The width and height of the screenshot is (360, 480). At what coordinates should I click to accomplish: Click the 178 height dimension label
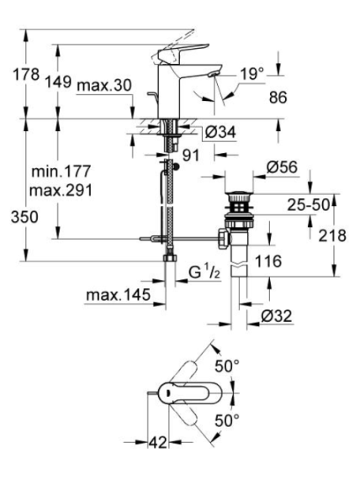[26, 74]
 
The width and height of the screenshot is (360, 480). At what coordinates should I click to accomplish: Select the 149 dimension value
[58, 82]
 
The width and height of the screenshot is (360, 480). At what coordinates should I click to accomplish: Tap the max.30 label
[104, 85]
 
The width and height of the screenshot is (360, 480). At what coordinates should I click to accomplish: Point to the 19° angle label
[251, 74]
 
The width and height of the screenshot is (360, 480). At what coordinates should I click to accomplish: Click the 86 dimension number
[278, 98]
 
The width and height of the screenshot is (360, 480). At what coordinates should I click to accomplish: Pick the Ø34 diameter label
[220, 132]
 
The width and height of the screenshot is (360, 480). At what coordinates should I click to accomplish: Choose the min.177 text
[61, 171]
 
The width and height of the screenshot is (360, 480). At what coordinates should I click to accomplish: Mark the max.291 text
[61, 191]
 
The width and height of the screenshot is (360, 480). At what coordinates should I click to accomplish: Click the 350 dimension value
[24, 217]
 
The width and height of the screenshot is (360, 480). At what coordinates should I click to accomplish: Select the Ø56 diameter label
[282, 167]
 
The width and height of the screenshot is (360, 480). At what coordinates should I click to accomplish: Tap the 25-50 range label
[308, 205]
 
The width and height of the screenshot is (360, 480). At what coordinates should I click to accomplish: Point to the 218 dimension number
[332, 235]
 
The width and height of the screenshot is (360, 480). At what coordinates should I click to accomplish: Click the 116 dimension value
[268, 261]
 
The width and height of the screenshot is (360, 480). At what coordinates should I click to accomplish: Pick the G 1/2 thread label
[204, 272]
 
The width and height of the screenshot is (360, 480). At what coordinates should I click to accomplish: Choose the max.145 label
[119, 295]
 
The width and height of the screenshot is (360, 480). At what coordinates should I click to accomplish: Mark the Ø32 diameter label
[277, 316]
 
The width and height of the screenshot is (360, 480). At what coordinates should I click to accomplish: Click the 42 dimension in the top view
[158, 442]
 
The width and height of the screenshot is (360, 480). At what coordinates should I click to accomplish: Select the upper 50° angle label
[227, 366]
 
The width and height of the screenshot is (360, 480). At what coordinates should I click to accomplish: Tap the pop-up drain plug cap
[239, 194]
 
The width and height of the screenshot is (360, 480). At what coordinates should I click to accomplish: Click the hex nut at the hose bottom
[170, 257]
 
